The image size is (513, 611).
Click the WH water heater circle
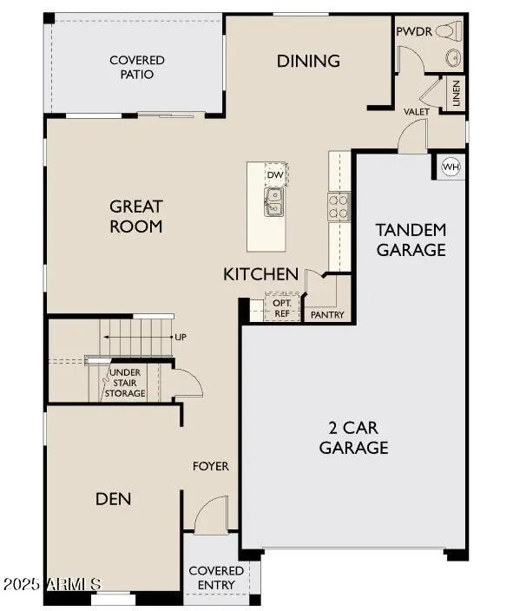click(451, 166)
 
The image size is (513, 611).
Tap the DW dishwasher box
click(276, 175)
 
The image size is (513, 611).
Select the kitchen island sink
click(274, 204)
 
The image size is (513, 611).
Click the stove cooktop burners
click(338, 207)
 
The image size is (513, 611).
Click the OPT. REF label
click(282, 308)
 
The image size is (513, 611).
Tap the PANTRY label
click(327, 314)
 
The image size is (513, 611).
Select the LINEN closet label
click(456, 94)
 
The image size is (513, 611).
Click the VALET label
click(418, 112)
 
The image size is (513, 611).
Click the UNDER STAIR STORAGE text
click(125, 383)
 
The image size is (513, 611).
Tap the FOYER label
click(210, 466)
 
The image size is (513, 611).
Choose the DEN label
click(113, 498)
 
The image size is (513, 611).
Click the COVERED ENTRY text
click(216, 577)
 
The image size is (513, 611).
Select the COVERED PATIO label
click(137, 67)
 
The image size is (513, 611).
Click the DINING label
click(308, 61)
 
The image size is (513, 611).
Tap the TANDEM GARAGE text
click(411, 240)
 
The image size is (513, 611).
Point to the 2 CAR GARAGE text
click(353, 437)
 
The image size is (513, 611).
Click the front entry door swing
click(208, 517)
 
